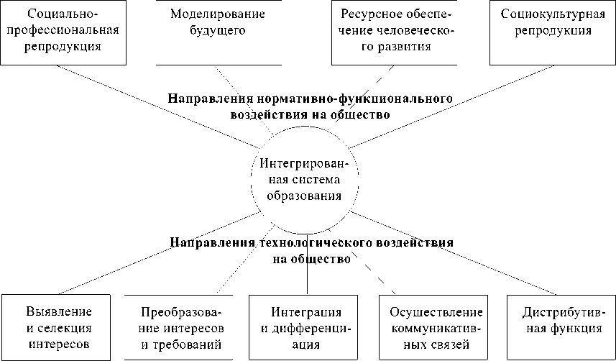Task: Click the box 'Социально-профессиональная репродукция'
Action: [x=63, y=32]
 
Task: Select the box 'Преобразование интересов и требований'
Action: [x=181, y=327]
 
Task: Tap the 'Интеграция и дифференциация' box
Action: [x=306, y=327]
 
